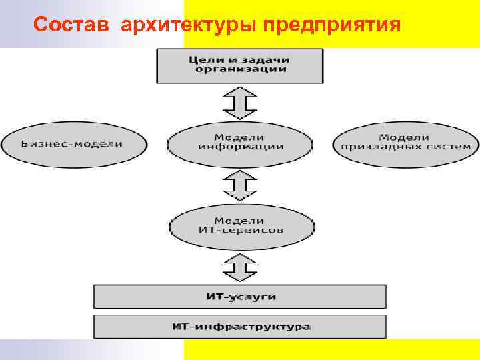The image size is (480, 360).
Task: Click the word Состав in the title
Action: (74, 25)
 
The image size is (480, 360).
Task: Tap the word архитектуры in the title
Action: (191, 25)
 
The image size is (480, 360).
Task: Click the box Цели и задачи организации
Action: (240, 64)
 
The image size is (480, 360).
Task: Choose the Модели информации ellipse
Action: (240, 142)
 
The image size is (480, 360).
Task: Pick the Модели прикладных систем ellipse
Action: (405, 142)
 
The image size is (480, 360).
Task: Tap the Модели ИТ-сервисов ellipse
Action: (239, 225)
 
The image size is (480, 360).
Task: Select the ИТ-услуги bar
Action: (240, 297)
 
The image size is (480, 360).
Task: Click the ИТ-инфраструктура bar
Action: (240, 327)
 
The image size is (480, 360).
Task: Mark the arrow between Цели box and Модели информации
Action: (239, 103)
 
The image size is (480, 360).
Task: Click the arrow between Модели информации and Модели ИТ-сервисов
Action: (239, 185)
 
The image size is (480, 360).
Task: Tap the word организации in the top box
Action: (241, 69)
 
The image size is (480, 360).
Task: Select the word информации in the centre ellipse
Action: (241, 147)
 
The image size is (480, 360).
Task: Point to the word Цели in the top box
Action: (205, 59)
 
